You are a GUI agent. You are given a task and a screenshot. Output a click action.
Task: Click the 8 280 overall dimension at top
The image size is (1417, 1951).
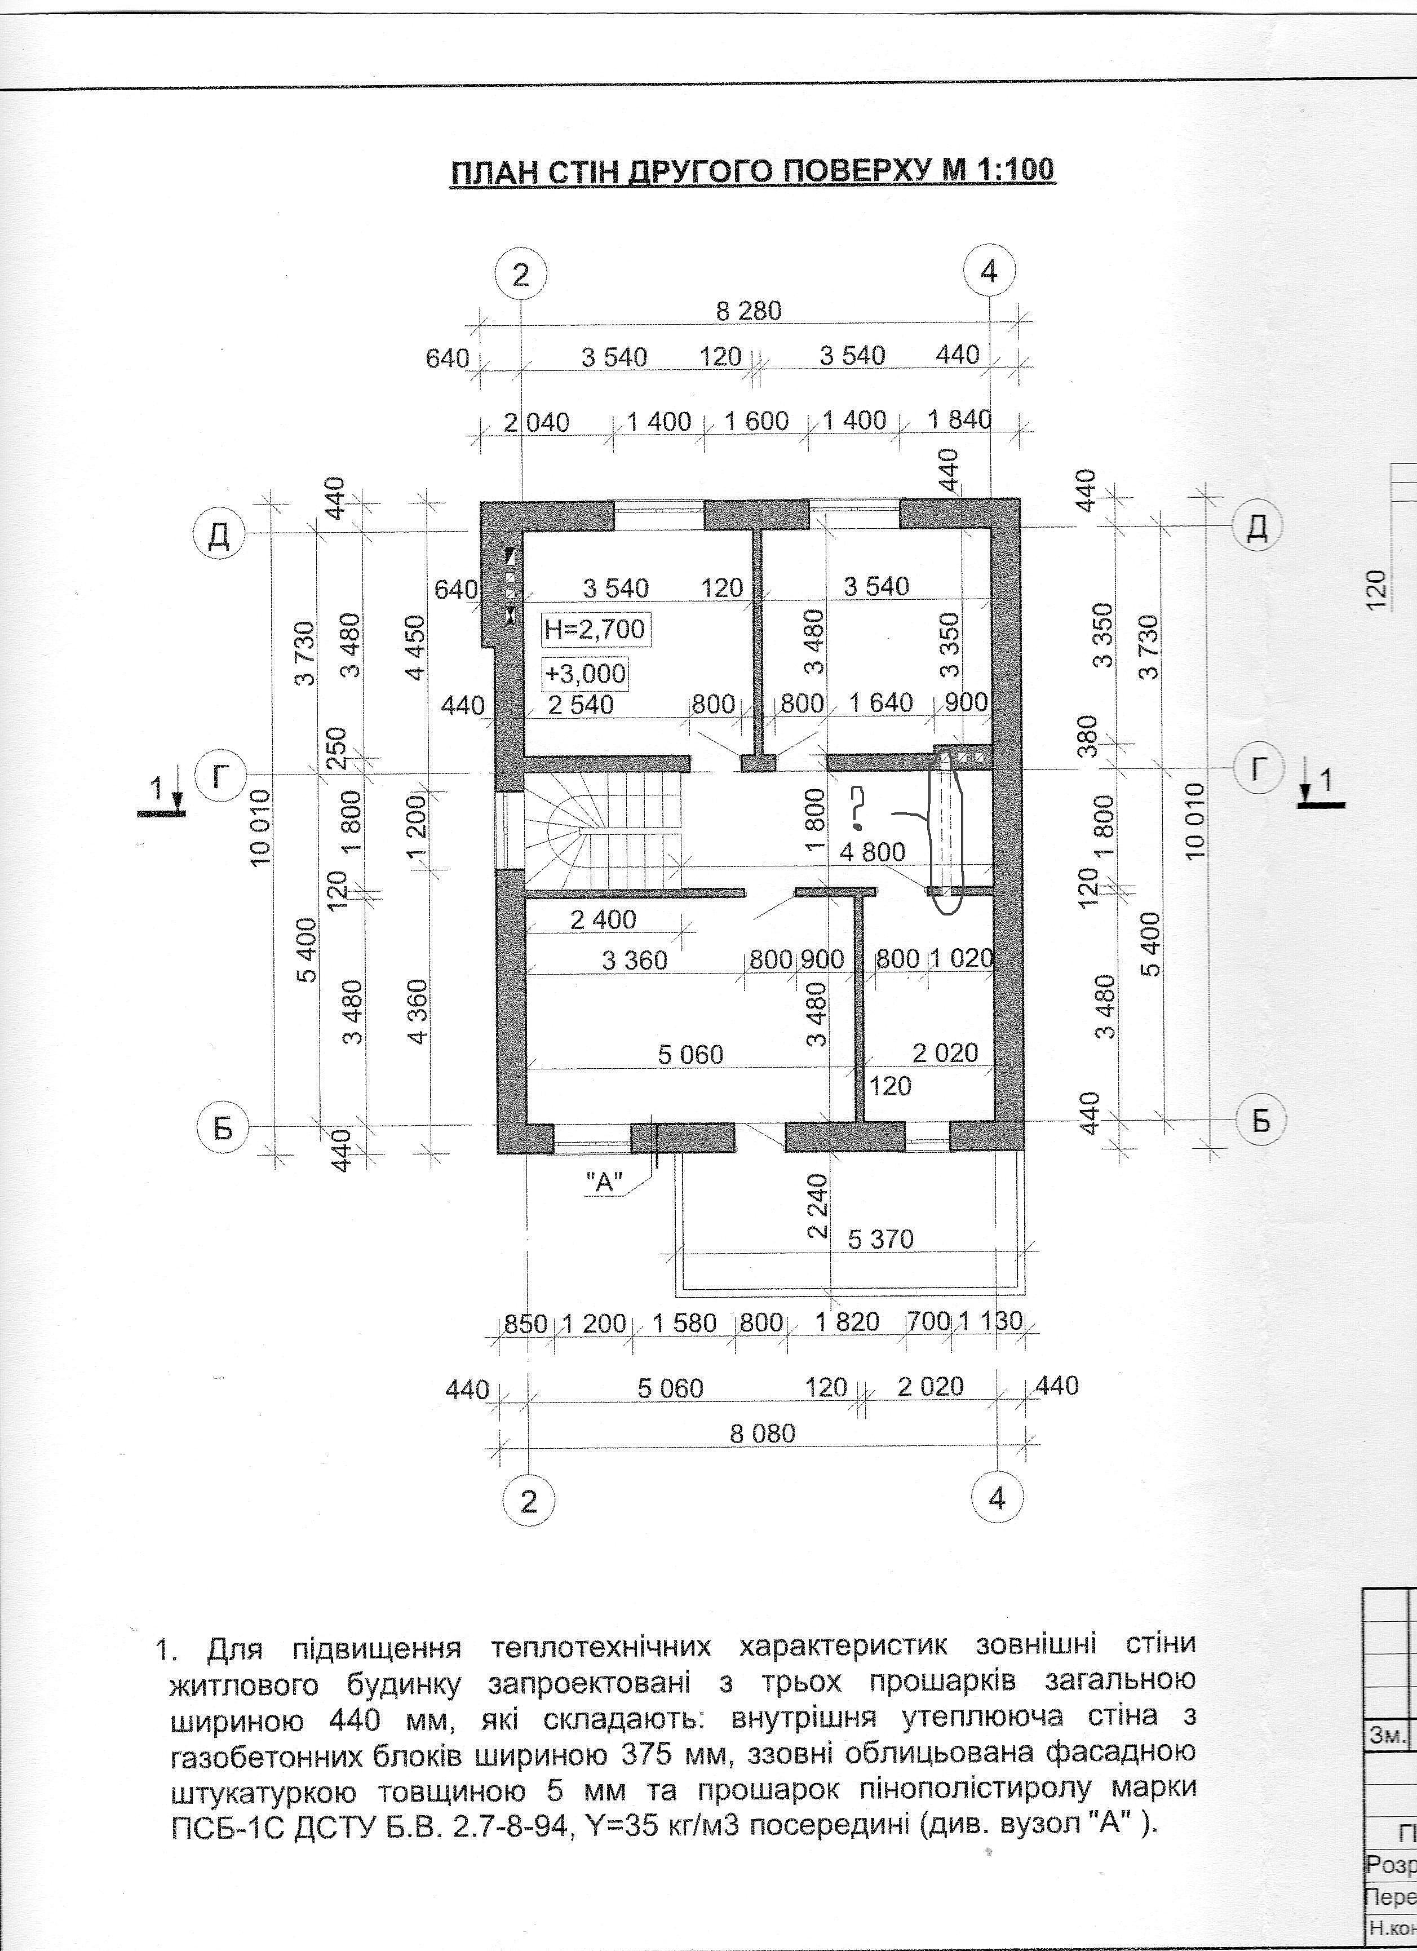[749, 311]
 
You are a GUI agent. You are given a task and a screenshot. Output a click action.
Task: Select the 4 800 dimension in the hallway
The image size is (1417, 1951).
[873, 852]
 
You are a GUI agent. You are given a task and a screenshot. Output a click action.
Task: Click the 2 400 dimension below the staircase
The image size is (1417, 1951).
[603, 919]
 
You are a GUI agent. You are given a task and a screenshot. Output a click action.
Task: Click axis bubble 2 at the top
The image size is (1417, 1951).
[520, 275]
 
